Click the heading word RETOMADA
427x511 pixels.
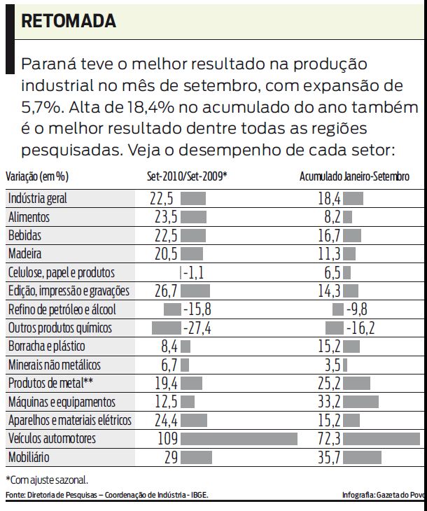[69, 22]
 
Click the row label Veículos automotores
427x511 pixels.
[52, 440]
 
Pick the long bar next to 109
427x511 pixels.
[239, 440]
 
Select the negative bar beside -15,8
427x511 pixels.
[172, 309]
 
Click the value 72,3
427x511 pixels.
[328, 440]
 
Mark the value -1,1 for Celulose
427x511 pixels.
[192, 272]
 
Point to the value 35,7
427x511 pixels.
[328, 458]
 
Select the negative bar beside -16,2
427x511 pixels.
[335, 328]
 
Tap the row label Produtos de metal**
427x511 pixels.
[50, 383]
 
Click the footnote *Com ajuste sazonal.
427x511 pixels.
[47, 480]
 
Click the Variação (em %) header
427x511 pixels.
[38, 176]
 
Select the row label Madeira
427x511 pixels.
[24, 253]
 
